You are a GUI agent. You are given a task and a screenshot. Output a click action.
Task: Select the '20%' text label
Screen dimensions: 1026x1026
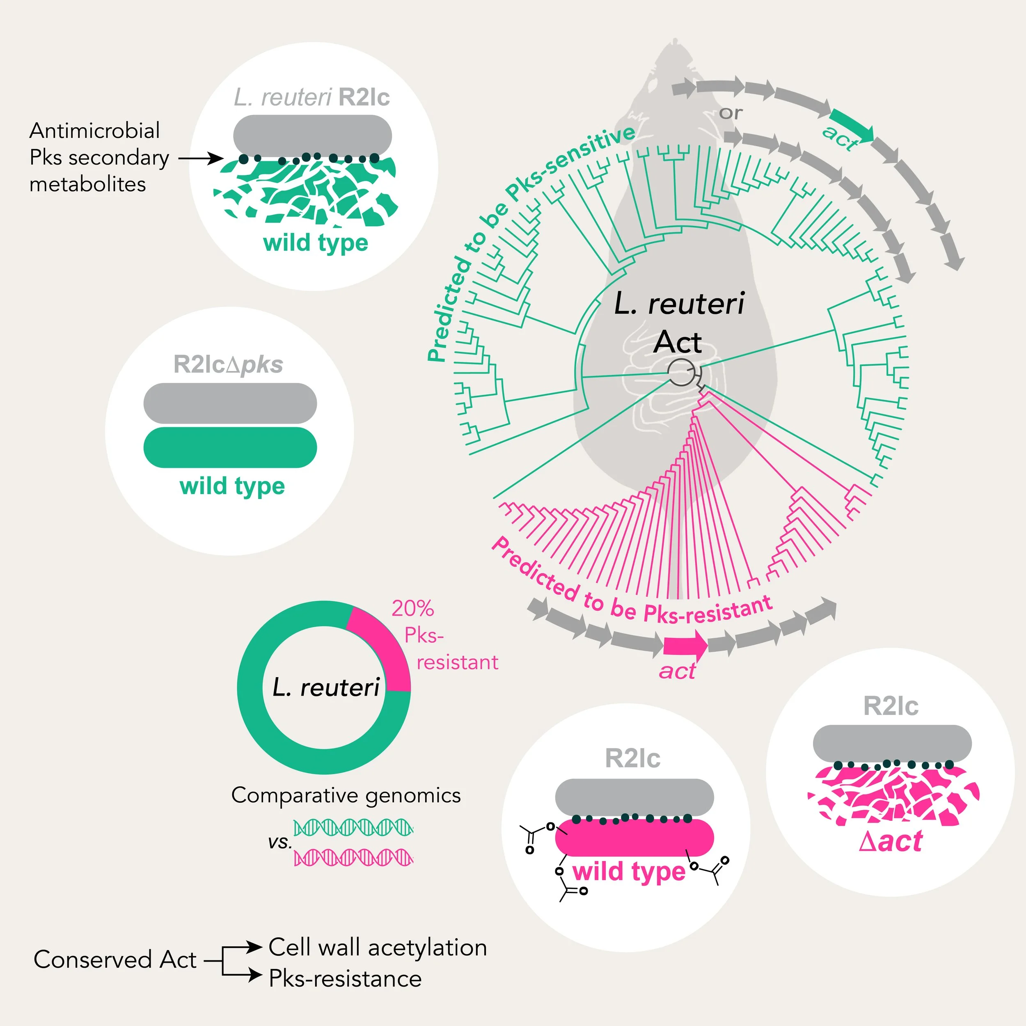click(x=412, y=609)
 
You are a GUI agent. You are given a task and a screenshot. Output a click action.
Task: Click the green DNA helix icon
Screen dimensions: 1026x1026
click(x=354, y=827)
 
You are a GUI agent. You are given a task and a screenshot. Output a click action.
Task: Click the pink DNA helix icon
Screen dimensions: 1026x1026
click(x=354, y=857)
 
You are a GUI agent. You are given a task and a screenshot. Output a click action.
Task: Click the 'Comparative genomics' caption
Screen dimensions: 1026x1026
click(x=346, y=795)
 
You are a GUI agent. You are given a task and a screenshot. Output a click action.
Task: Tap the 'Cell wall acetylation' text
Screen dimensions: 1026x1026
click(x=378, y=947)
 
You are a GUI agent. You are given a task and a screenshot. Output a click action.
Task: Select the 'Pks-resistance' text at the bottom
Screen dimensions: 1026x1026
click(x=345, y=979)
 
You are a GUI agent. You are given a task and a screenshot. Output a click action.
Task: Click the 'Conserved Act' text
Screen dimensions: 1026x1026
click(x=115, y=960)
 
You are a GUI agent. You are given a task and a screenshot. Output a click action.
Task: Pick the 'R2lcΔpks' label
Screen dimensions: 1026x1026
click(x=228, y=364)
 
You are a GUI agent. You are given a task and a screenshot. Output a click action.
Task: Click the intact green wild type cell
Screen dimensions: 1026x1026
click(x=230, y=447)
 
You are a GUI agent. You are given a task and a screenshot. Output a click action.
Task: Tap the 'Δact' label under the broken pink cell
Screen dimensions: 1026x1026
click(x=891, y=842)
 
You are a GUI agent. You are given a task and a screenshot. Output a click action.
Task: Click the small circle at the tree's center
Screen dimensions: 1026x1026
click(x=681, y=372)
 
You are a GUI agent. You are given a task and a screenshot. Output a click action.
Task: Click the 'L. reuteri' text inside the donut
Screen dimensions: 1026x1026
click(x=325, y=688)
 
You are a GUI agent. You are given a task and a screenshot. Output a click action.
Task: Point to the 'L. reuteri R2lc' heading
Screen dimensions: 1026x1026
click(x=312, y=97)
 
